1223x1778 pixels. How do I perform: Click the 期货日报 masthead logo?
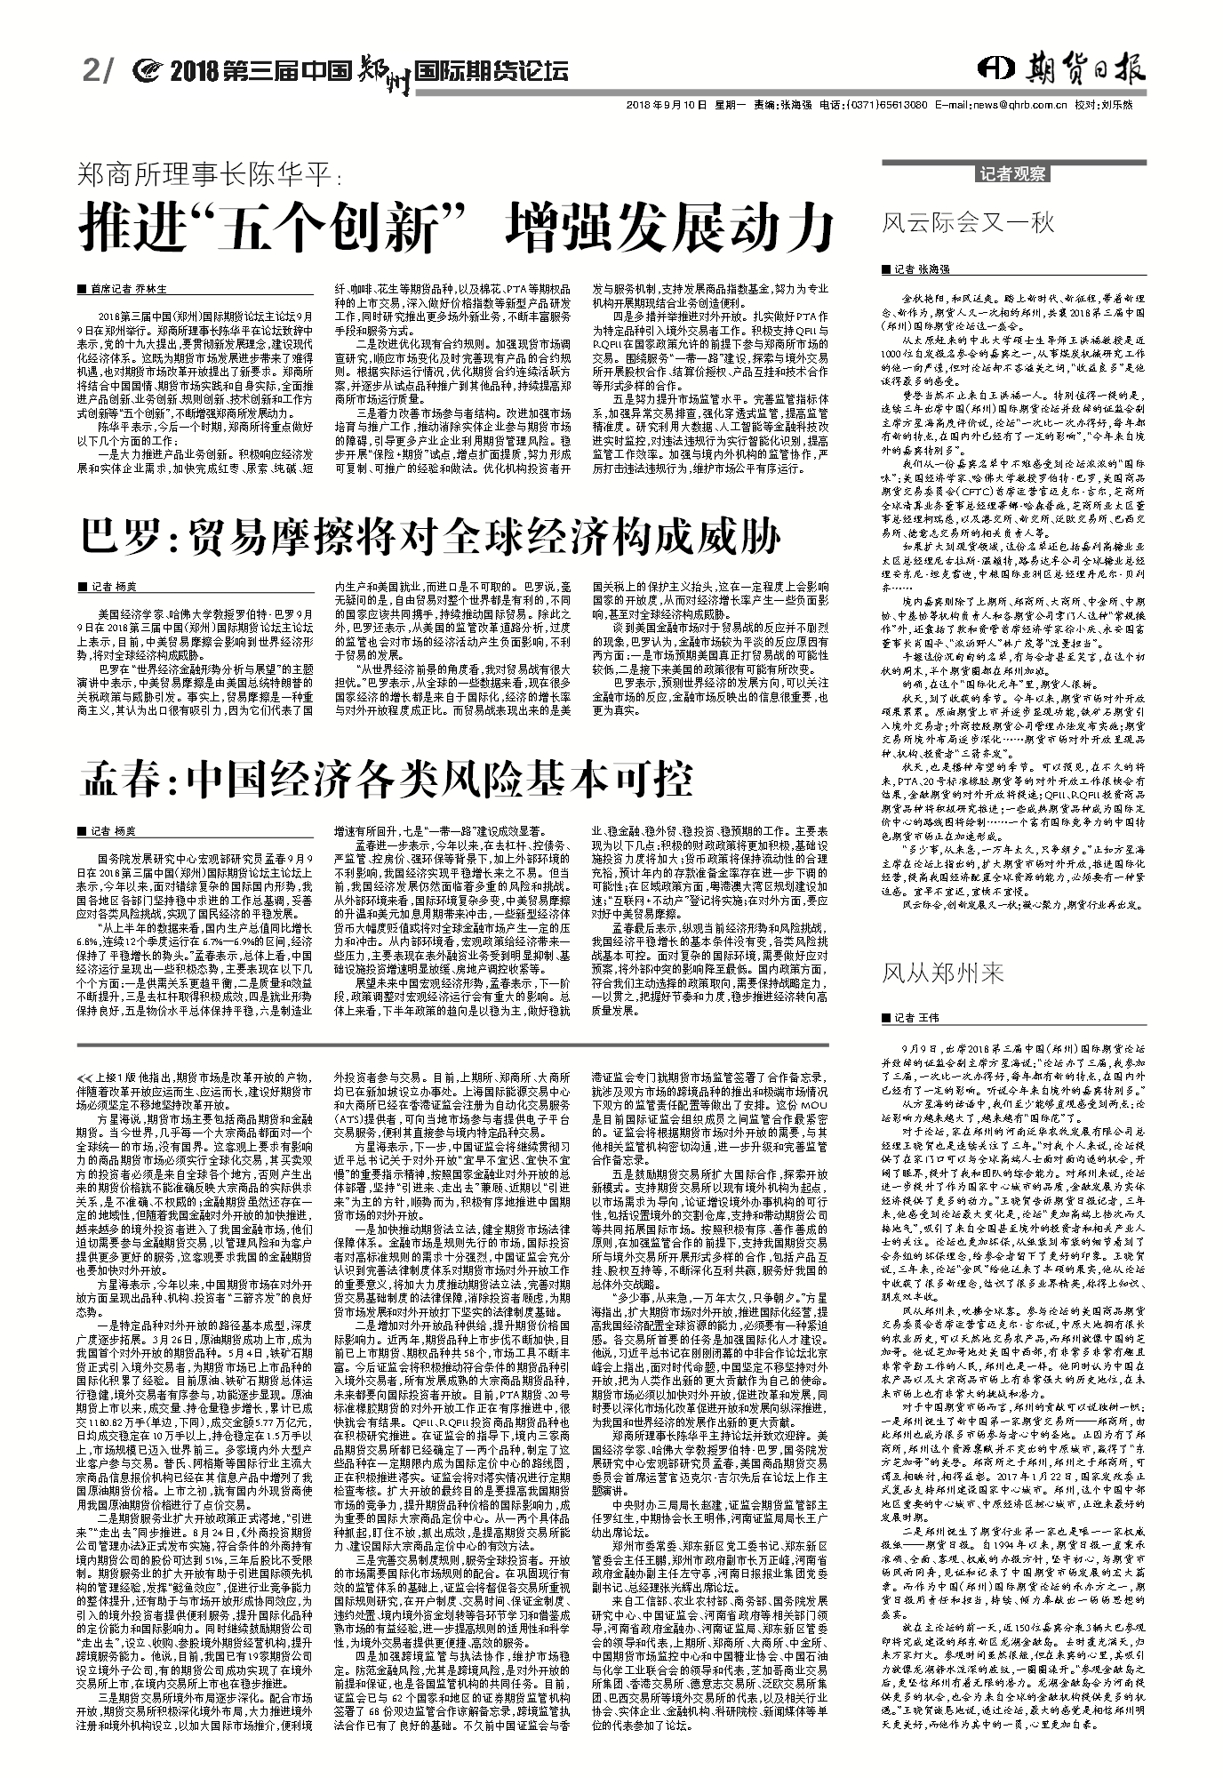[x=1063, y=69]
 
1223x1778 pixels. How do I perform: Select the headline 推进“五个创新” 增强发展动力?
[x=458, y=228]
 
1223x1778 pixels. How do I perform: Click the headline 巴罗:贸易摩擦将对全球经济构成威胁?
[x=431, y=536]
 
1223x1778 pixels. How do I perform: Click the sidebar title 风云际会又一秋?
[x=968, y=221]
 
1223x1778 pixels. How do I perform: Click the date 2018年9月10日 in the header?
[x=667, y=105]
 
